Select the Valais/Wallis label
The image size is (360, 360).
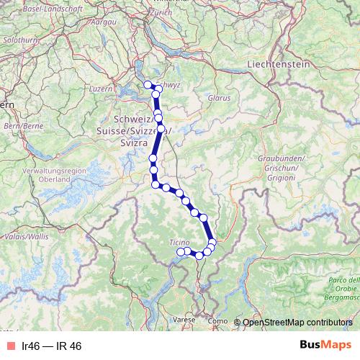click(x=26, y=235)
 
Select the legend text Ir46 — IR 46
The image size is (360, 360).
click(x=52, y=346)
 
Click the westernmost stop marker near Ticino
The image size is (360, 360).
click(x=181, y=251)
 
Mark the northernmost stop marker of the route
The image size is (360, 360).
click(x=148, y=85)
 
